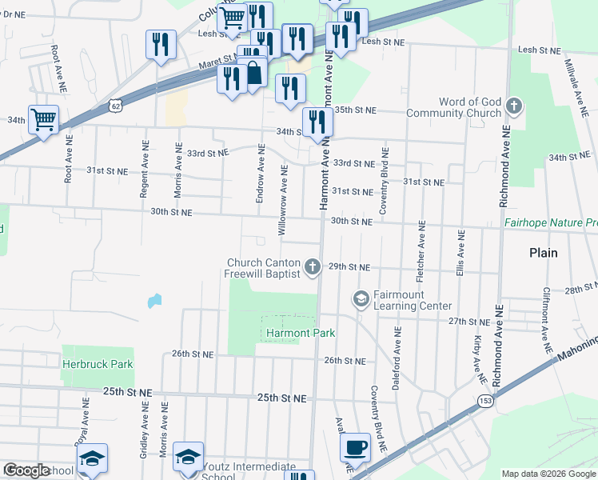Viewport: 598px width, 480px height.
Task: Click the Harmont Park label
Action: pyautogui.click(x=299, y=333)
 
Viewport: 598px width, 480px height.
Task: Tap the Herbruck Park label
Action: pyautogui.click(x=98, y=364)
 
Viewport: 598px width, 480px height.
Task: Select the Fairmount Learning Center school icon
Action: pyautogui.click(x=361, y=298)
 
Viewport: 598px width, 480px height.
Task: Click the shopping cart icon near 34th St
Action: pyautogui.click(x=44, y=119)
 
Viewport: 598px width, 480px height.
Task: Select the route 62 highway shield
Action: pyautogui.click(x=117, y=105)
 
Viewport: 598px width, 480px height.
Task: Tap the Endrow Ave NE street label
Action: pyautogui.click(x=260, y=174)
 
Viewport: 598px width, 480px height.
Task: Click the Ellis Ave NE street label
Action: pyautogui.click(x=460, y=254)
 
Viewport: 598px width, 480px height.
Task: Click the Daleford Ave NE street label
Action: pyautogui.click(x=396, y=358)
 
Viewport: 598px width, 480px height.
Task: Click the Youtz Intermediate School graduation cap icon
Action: pyautogui.click(x=187, y=457)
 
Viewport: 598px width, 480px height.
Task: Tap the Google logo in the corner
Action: pyautogui.click(x=27, y=471)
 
